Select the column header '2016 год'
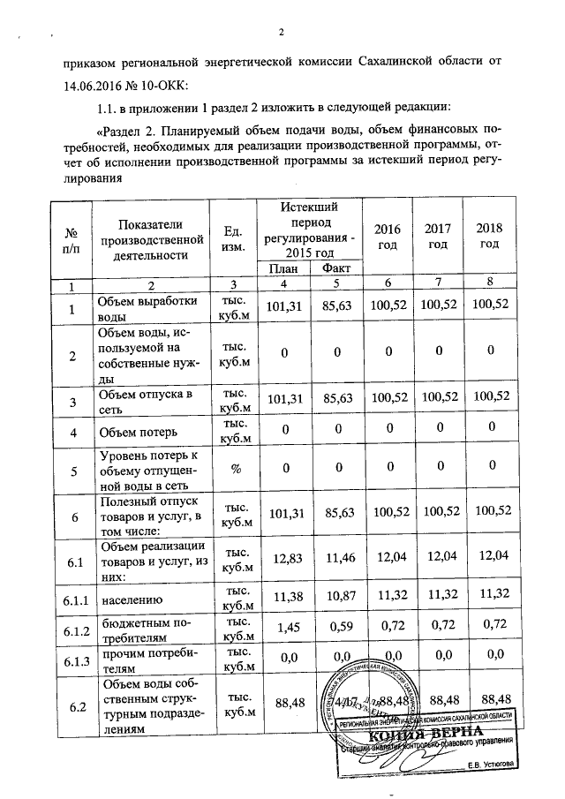point(388,237)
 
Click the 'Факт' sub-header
point(334,268)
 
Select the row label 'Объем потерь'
point(136,433)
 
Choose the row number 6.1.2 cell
point(72,629)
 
